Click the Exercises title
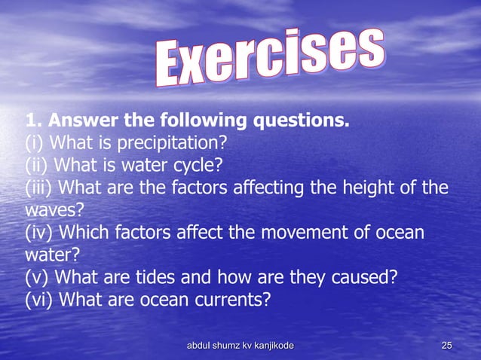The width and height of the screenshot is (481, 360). coord(270,59)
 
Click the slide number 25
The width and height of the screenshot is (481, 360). coord(446,346)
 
